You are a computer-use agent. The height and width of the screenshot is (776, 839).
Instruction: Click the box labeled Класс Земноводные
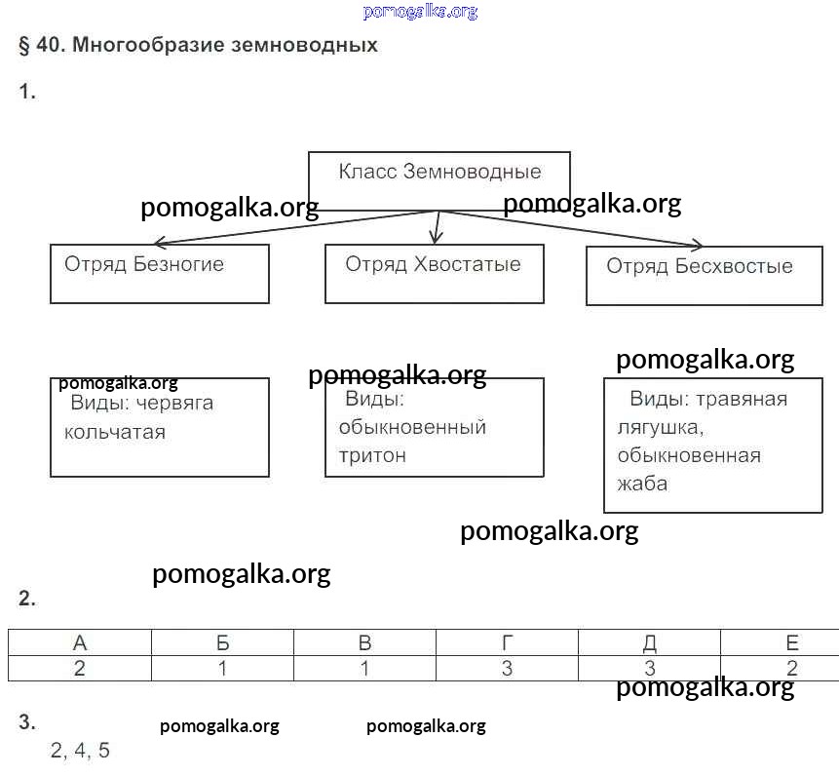point(439,179)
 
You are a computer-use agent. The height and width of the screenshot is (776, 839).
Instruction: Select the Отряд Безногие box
point(160,273)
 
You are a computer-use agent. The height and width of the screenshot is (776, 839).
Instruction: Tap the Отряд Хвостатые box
point(434,273)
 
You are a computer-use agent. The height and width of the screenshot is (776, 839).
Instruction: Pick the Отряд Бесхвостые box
point(704,276)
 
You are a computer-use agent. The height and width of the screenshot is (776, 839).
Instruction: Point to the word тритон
point(372,455)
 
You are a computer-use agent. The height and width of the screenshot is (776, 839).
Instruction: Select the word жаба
point(642,484)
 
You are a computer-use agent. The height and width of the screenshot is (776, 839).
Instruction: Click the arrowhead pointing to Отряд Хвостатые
point(436,236)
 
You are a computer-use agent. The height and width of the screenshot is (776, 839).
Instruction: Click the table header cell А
point(80,642)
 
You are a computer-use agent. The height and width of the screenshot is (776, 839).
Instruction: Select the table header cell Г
point(507,642)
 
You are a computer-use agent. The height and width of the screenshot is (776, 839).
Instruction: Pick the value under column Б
point(222,669)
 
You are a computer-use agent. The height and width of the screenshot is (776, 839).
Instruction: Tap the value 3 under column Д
point(649,669)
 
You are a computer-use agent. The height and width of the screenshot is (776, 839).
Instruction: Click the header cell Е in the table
point(791,642)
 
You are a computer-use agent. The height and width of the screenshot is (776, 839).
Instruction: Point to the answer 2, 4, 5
point(81,751)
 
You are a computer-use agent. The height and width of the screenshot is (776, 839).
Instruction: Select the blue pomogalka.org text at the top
point(420,12)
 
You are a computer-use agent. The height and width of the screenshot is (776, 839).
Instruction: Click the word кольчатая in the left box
point(115,432)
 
